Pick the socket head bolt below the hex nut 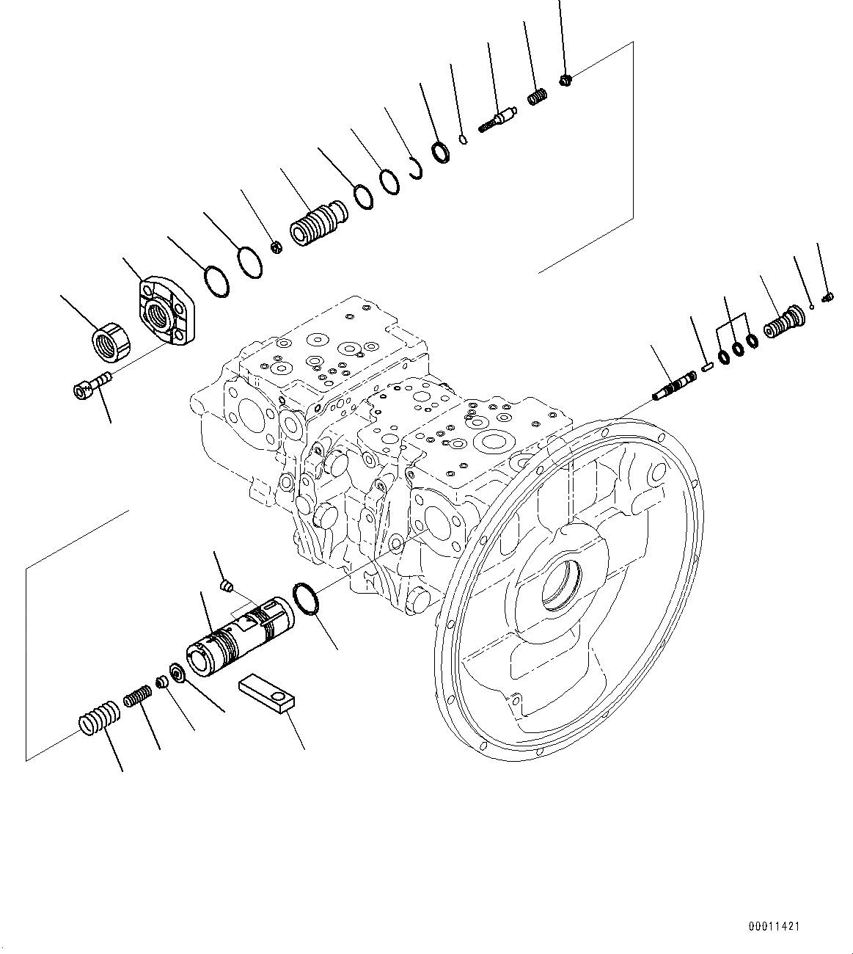(x=92, y=384)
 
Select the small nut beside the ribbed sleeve (x=277, y=247)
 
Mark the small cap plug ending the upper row (x=565, y=79)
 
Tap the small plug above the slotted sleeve (x=227, y=586)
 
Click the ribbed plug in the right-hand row (x=783, y=323)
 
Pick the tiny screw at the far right (x=829, y=297)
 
